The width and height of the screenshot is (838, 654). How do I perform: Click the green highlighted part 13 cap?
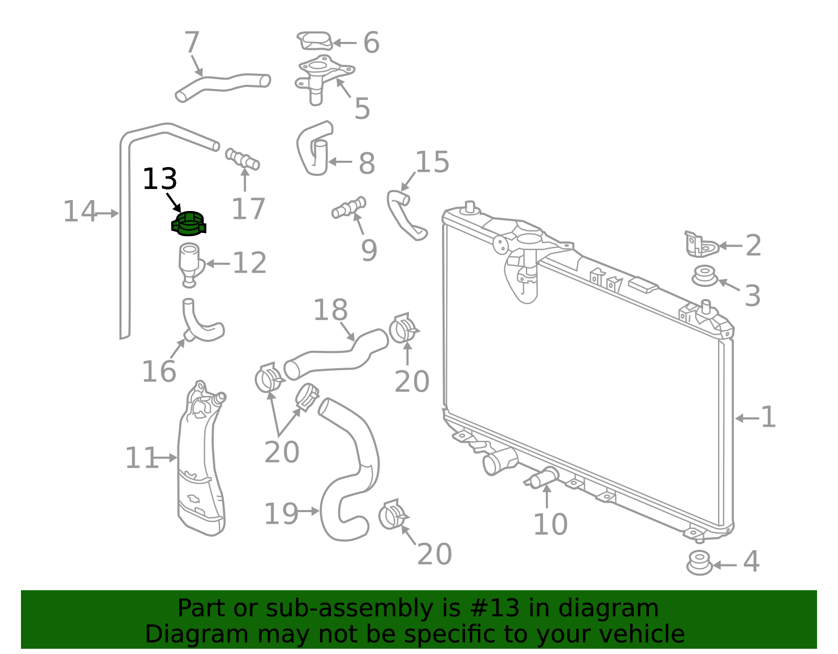pyautogui.click(x=189, y=224)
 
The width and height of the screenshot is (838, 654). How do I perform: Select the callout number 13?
pyautogui.click(x=160, y=179)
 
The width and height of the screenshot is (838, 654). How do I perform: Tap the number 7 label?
pyautogui.click(x=192, y=42)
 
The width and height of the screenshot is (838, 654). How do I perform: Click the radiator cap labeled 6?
pyautogui.click(x=315, y=41)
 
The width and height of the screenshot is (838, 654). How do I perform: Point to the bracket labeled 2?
pyautogui.click(x=701, y=244)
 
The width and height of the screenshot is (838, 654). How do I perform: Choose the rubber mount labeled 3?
pyautogui.click(x=704, y=276)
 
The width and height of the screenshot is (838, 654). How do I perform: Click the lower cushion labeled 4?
pyautogui.click(x=699, y=563)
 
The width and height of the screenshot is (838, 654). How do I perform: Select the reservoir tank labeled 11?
pyautogui.click(x=201, y=459)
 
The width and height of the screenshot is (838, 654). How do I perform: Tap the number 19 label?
pyautogui.click(x=281, y=514)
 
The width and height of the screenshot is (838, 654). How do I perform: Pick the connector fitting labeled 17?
pyautogui.click(x=242, y=159)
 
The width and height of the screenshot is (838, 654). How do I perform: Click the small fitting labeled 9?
pyautogui.click(x=349, y=207)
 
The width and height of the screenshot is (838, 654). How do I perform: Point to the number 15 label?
pyautogui.click(x=432, y=162)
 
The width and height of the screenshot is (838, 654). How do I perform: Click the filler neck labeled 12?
pyautogui.click(x=191, y=265)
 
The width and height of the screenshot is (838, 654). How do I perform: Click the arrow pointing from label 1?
pyautogui.click(x=747, y=418)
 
